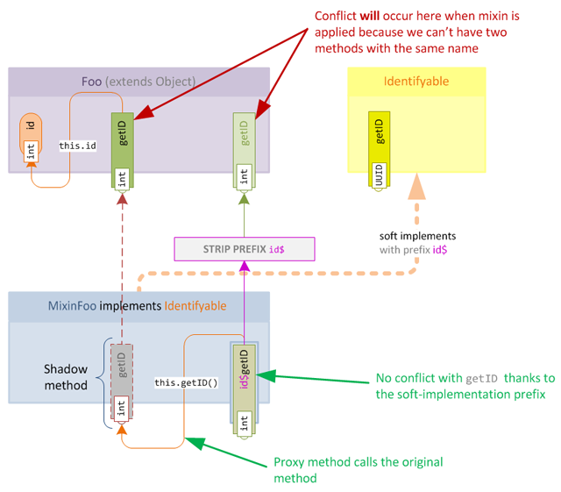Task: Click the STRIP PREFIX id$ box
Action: [x=245, y=249]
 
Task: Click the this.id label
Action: [x=78, y=145]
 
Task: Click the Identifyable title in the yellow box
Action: [x=416, y=82]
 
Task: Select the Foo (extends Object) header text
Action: [x=139, y=82]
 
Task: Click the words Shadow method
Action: [x=67, y=376]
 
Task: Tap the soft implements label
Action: [x=417, y=236]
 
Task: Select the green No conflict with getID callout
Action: [x=465, y=386]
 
